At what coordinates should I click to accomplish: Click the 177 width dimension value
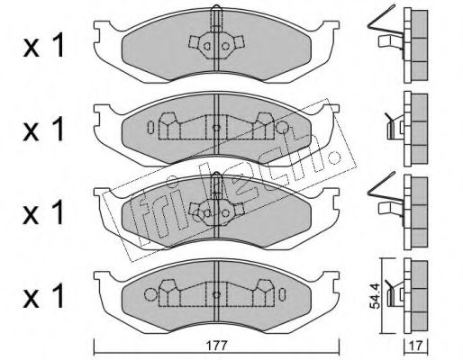(x=217, y=346)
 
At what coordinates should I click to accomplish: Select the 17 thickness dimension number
(x=416, y=346)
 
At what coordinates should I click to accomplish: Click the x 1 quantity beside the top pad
(x=44, y=46)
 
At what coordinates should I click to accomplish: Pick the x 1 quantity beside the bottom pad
(x=44, y=295)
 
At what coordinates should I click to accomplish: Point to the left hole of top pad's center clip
(x=207, y=46)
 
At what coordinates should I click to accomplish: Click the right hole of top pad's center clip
(x=225, y=46)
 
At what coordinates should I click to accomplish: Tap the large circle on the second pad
(x=282, y=128)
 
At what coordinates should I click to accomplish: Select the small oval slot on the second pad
(x=150, y=128)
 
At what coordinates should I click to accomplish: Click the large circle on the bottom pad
(x=150, y=294)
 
